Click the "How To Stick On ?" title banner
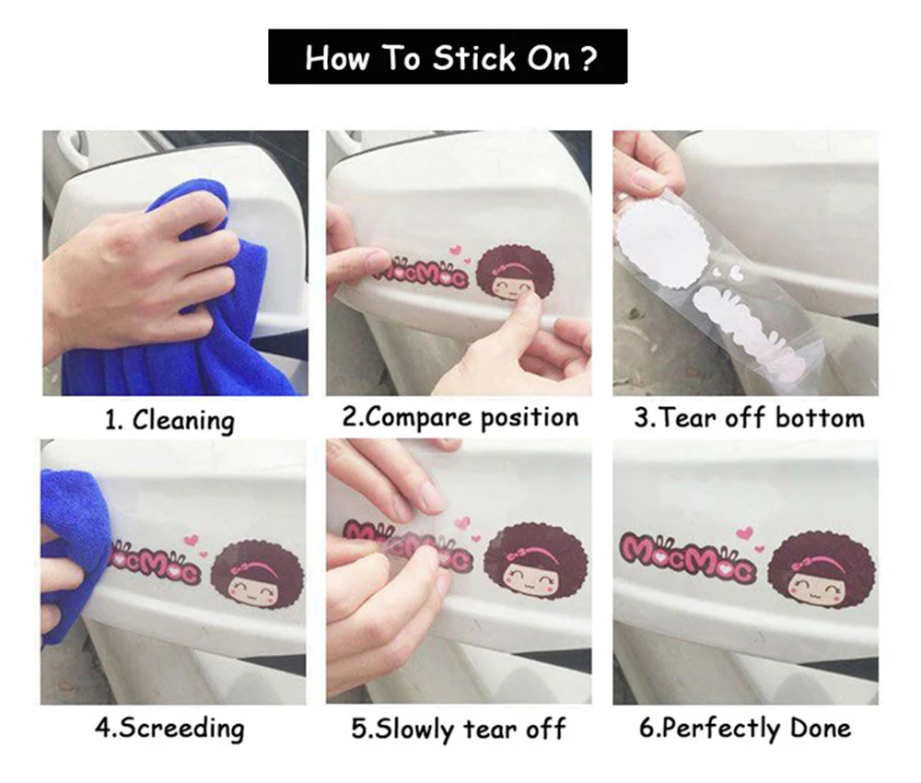(448, 56)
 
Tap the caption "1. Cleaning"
(169, 421)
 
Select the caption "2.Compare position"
(460, 418)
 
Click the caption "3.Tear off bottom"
(749, 418)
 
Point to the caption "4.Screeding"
(169, 729)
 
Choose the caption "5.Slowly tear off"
(458, 729)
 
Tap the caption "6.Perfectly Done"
(745, 729)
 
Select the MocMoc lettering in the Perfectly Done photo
(687, 556)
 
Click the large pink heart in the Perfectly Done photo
(745, 533)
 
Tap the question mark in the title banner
(588, 58)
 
